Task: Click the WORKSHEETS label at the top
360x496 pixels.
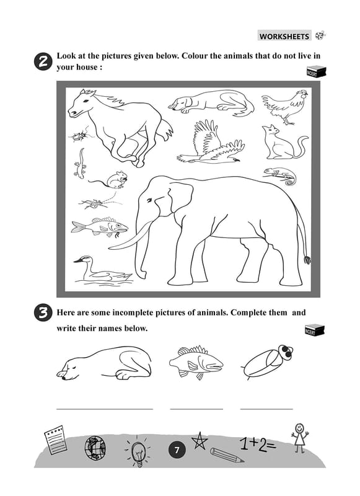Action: [284, 36]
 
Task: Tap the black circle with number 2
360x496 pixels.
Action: [42, 61]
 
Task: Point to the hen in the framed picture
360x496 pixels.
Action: [284, 106]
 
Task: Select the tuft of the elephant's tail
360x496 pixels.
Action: [307, 260]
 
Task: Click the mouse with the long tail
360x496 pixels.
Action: [111, 180]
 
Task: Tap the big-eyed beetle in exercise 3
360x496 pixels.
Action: [268, 361]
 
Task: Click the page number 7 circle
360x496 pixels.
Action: [177, 450]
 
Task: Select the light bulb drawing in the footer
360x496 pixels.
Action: [138, 451]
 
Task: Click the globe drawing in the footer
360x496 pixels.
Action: [95, 448]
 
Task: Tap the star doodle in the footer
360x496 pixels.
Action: [200, 441]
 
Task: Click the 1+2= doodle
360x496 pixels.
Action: [258, 443]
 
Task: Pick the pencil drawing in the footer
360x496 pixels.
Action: [227, 455]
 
